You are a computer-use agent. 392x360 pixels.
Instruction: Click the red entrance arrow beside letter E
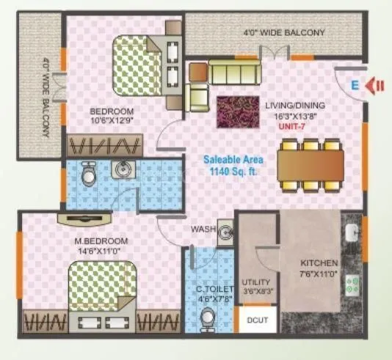coord(377,85)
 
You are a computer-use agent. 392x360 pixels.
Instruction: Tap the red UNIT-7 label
coord(291,125)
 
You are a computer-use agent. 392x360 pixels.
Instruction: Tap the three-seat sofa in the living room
coord(234,72)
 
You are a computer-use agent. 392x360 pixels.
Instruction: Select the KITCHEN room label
coord(319,262)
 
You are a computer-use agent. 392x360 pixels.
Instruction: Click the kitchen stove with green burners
coord(354,284)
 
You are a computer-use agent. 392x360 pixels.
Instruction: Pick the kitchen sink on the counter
coord(353,233)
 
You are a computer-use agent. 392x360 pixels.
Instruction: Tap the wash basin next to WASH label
coord(225,231)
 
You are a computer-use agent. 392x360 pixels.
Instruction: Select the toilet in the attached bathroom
coord(87,174)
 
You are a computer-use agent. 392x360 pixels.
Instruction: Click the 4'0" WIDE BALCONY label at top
coord(283,33)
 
